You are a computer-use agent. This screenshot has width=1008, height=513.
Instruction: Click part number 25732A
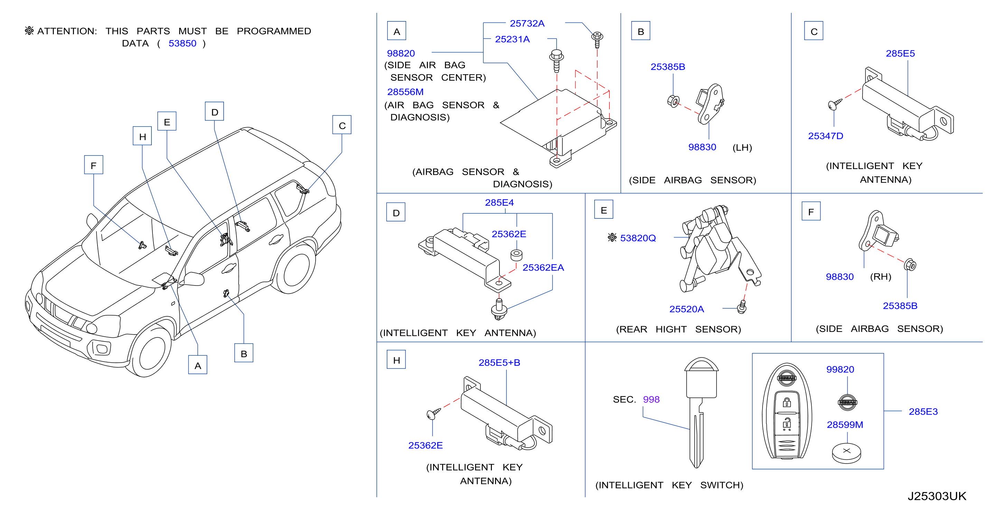click(527, 24)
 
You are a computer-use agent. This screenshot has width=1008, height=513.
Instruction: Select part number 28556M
click(405, 92)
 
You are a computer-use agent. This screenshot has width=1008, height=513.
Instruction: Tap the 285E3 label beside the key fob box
click(923, 412)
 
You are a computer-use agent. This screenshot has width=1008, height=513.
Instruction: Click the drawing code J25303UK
click(937, 496)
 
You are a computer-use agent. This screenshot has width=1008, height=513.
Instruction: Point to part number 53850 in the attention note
click(183, 44)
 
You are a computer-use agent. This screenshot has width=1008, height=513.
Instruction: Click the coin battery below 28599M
click(846, 453)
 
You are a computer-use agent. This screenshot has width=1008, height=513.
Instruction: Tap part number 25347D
click(825, 136)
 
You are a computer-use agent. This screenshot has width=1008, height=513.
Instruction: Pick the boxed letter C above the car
click(342, 125)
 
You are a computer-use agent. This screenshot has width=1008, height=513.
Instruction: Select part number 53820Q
click(637, 238)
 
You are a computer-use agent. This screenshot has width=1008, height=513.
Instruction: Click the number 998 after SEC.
click(651, 400)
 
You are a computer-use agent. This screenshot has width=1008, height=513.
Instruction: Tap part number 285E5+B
click(499, 363)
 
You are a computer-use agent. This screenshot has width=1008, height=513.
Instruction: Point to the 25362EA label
click(543, 268)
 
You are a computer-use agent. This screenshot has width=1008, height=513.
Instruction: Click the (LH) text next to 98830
click(742, 148)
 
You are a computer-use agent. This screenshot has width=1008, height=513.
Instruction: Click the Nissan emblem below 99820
click(847, 402)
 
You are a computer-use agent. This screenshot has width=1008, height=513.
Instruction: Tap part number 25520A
click(687, 309)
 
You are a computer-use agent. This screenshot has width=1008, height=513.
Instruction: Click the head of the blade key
click(701, 377)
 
